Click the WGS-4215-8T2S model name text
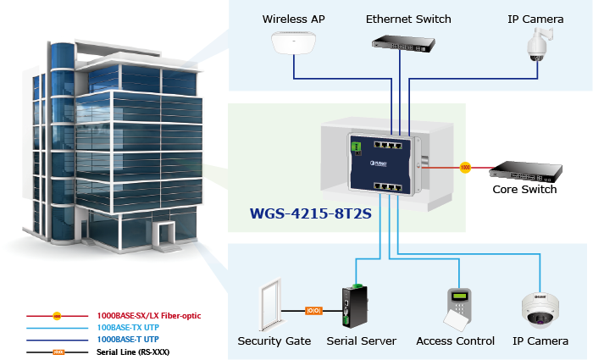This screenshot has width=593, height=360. pos(311,213)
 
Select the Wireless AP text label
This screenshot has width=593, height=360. pos(293,19)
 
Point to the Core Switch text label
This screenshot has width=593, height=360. pos(524,189)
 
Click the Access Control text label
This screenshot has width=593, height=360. pos(455,341)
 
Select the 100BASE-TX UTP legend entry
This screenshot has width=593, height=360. pos(127,327)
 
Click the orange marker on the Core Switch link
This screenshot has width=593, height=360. pos(464,168)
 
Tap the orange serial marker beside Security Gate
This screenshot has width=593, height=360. pos(313,311)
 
